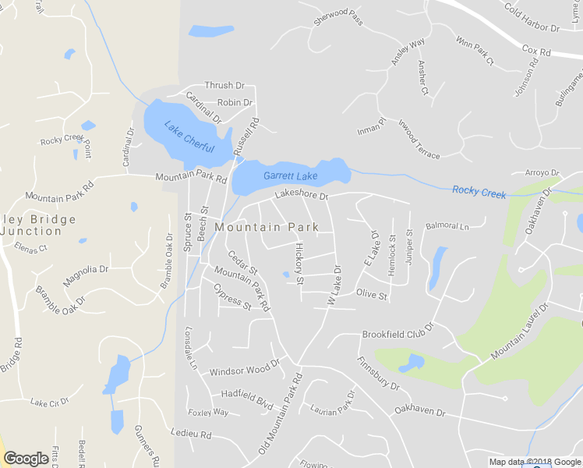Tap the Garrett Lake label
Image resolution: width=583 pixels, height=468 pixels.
pos(290,176)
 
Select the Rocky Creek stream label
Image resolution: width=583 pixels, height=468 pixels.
pos(479,191)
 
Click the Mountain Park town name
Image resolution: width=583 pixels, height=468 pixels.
pos(267,227)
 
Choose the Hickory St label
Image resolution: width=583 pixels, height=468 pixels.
pos(299,262)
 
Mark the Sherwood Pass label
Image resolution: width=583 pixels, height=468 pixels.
pos(338,18)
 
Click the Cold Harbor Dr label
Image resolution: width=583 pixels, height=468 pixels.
pos(532,19)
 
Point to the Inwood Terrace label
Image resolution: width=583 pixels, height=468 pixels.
pos(419,139)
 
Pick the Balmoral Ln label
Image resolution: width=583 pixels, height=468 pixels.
pos(447,226)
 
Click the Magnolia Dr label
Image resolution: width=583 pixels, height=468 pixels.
pos(86,271)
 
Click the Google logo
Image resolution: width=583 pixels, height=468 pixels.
pos(26,459)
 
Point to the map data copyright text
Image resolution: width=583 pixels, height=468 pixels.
pos(535,462)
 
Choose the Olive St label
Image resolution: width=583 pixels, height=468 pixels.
pos(371,295)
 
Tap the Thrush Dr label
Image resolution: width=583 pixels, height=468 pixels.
pos(224,85)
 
